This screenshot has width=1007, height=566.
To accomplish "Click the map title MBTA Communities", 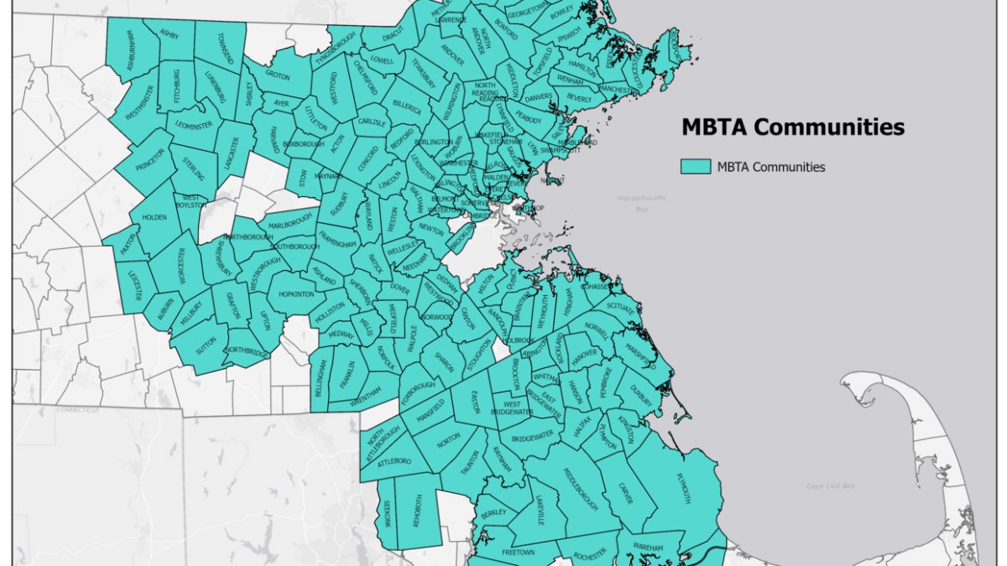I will (x=792, y=127).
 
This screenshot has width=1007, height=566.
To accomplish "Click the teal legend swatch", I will (x=696, y=167).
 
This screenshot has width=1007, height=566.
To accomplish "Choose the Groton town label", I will (x=277, y=74).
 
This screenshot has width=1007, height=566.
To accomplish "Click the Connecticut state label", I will (x=78, y=410).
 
